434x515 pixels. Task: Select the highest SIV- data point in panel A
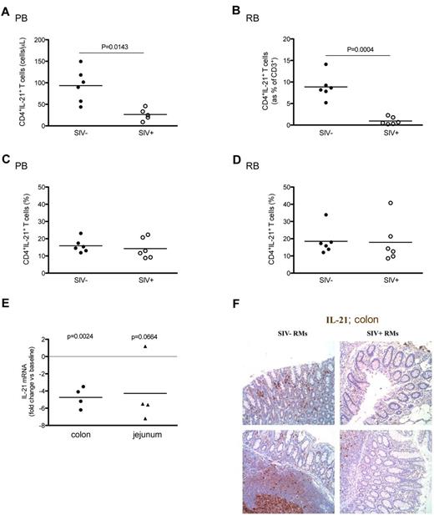pos(80,62)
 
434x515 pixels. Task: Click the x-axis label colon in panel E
pos(81,435)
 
